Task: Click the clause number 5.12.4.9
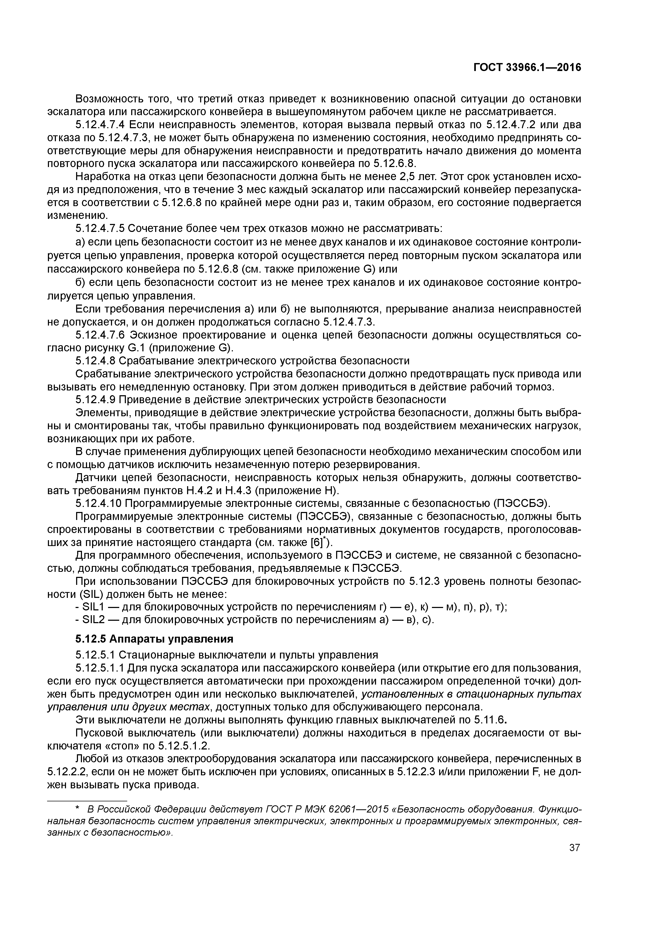(x=95, y=400)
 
